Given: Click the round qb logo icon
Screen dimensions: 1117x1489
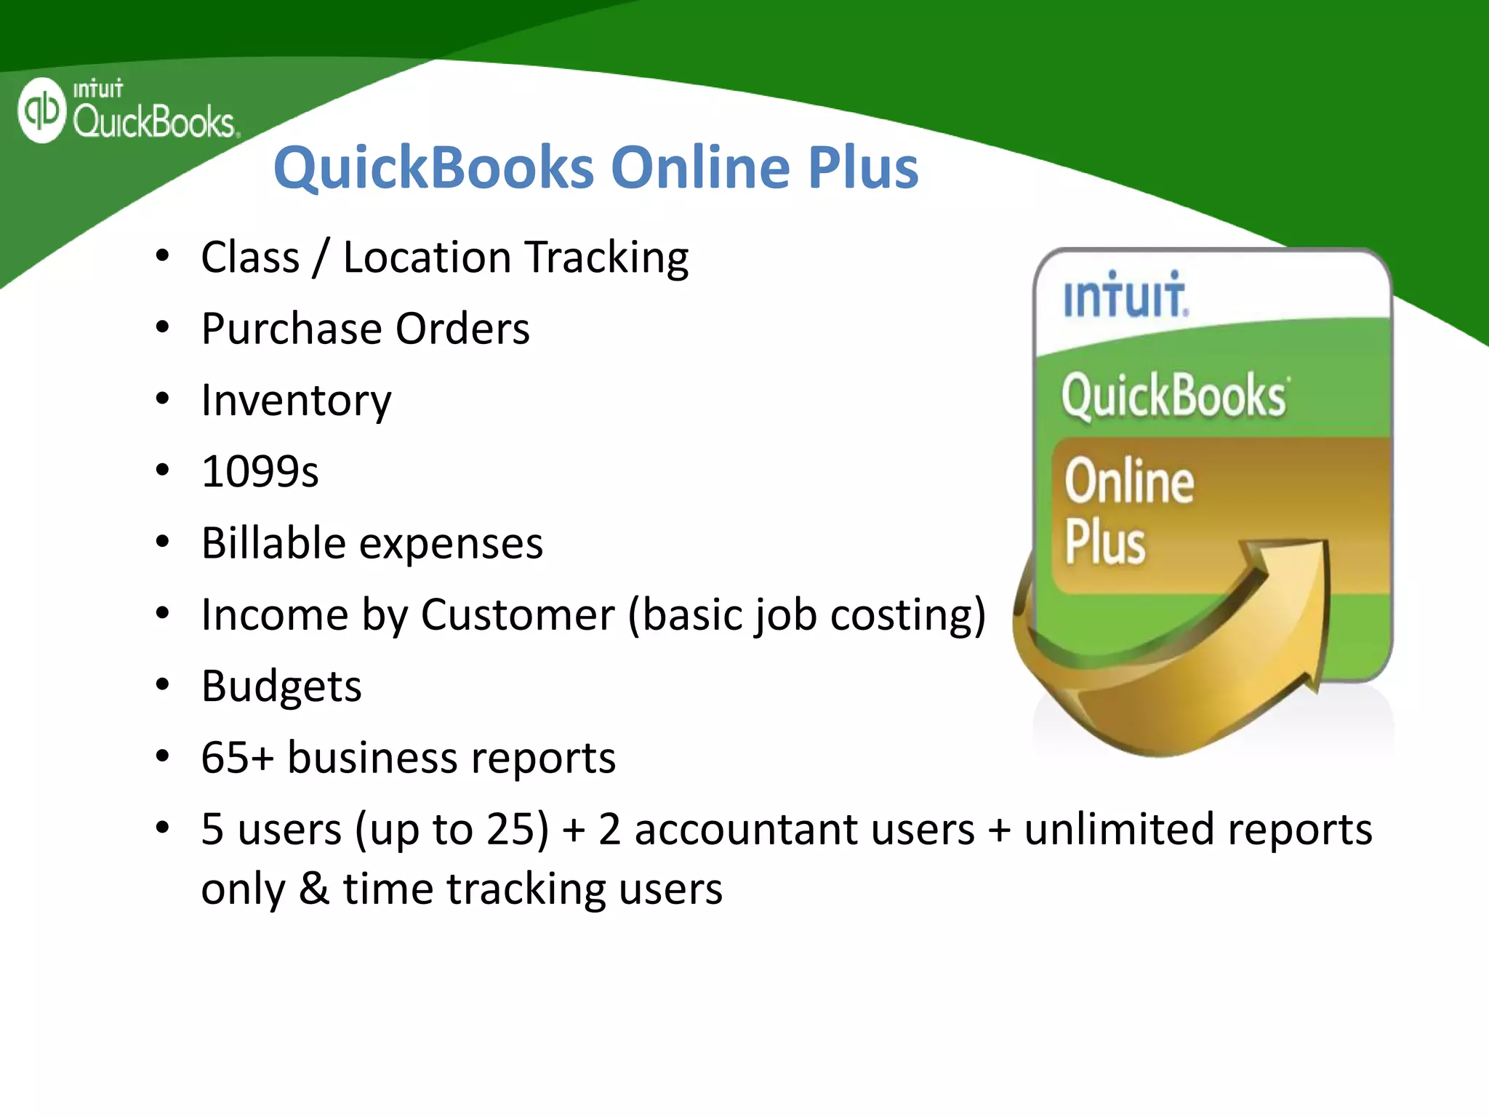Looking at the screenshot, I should coord(41,111).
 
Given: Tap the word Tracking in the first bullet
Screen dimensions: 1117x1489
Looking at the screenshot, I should coord(606,257).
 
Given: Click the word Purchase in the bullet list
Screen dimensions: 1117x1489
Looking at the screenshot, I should coord(290,329).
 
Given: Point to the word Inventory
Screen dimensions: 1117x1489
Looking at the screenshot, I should coord(296,401).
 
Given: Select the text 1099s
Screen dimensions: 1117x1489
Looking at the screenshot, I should coord(260,472).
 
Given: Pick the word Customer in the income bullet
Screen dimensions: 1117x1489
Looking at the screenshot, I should coord(518,615).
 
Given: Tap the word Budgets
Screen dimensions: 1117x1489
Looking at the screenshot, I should coord(281,686).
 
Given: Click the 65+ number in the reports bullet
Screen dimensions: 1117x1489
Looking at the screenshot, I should coord(237,758).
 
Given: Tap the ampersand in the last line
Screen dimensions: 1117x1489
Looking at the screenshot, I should coord(313,889).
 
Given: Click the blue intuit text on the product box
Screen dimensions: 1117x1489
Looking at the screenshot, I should coord(1125,295).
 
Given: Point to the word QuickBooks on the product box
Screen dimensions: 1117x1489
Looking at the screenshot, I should coord(1173,396).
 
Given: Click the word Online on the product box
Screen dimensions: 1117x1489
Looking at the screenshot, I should coord(1128,482).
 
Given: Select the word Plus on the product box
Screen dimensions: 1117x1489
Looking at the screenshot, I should coord(1104,543).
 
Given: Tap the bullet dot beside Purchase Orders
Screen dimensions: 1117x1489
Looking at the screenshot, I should coord(162,328).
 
